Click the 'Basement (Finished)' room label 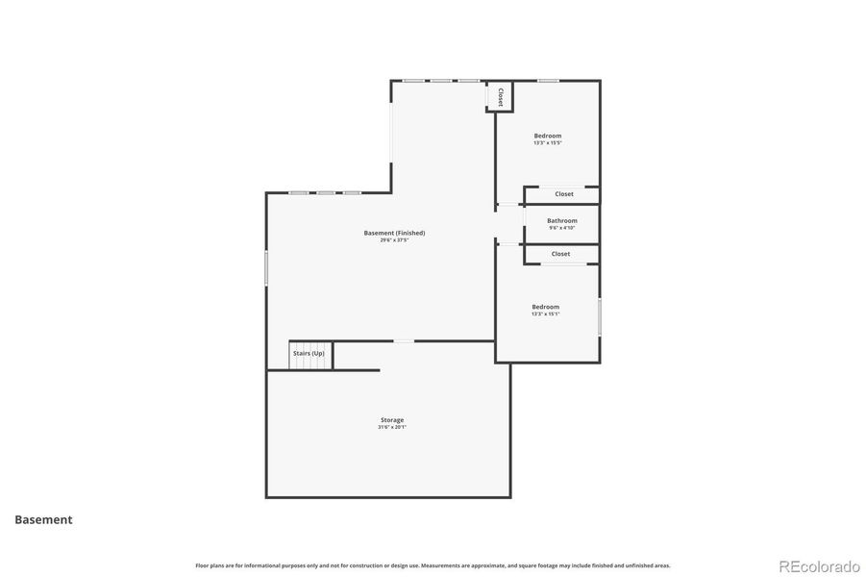pos(394,233)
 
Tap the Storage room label pos(391,420)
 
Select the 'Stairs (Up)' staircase pos(309,354)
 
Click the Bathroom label pos(562,220)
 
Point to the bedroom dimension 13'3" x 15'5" pos(547,143)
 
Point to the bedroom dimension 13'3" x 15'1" pos(545,314)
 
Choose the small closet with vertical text pos(501,96)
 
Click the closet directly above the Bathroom pos(563,194)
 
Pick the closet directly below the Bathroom pos(560,254)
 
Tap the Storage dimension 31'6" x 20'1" pos(391,427)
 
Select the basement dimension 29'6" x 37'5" pos(394,240)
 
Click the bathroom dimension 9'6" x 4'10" pos(562,228)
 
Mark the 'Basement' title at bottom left pos(43,519)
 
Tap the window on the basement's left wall pos(266,267)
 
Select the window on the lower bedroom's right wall pos(600,317)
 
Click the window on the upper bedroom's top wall pos(549,81)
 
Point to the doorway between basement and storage pos(404,341)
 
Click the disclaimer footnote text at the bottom pos(433,565)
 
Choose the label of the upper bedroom pos(548,136)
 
